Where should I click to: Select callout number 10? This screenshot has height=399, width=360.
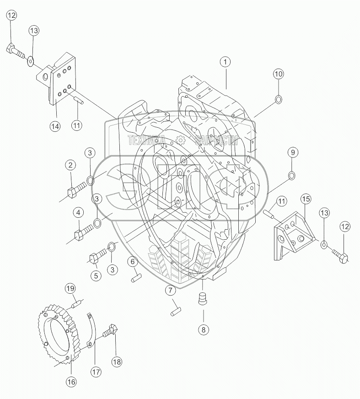(279, 74)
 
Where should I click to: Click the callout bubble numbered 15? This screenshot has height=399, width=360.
(306, 199)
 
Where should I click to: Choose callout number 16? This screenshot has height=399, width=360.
(71, 381)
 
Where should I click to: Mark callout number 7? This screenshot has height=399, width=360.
(170, 290)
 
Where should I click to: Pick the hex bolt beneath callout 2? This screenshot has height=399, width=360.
(78, 189)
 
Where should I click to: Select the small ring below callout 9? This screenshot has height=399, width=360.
(291, 175)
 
